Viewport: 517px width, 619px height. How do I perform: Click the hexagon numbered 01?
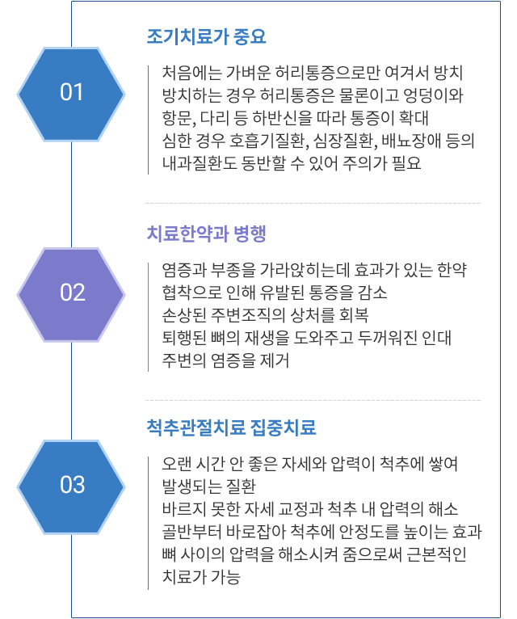pyautogui.click(x=71, y=94)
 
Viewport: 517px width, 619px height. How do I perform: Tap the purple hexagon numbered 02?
pyautogui.click(x=71, y=294)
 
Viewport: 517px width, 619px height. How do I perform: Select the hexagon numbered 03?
pyautogui.click(x=71, y=486)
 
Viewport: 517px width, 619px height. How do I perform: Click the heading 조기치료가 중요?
pyautogui.click(x=207, y=36)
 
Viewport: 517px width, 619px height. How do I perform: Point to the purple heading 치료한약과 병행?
pyautogui.click(x=207, y=234)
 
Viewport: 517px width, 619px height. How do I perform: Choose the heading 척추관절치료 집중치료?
pyautogui.click(x=231, y=427)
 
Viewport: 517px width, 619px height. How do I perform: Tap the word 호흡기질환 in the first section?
pyautogui.click(x=269, y=141)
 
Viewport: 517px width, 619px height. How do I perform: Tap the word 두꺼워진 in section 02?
pyautogui.click(x=388, y=338)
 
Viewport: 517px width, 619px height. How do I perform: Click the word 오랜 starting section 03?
pyautogui.click(x=176, y=464)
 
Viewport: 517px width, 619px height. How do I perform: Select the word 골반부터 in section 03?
pyautogui.click(x=191, y=532)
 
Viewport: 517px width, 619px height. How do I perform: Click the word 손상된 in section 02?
pyautogui.click(x=184, y=315)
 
